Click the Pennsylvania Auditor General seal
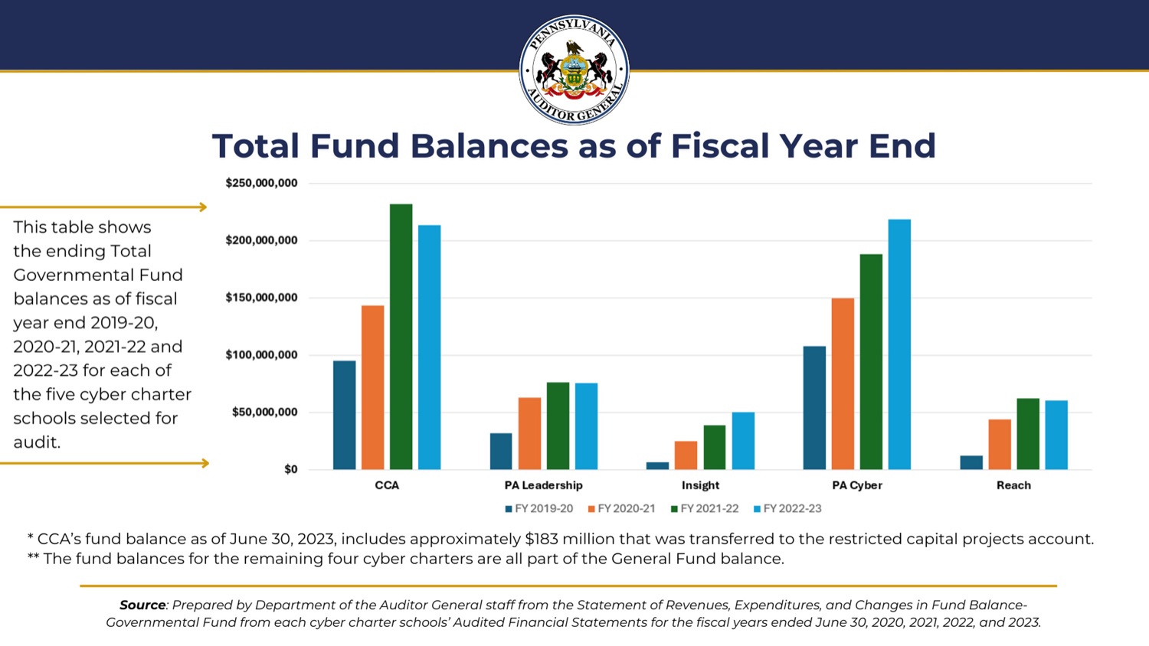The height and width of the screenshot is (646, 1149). [x=574, y=70]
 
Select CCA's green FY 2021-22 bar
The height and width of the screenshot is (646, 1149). [x=401, y=337]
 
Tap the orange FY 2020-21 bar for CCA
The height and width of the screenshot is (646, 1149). [x=373, y=387]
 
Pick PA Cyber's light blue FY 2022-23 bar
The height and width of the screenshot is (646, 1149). [x=899, y=344]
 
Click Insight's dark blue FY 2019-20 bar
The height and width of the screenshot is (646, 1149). [x=657, y=465]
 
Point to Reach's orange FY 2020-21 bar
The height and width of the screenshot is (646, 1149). [x=1000, y=444]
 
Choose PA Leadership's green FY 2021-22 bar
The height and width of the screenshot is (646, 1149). [x=558, y=426]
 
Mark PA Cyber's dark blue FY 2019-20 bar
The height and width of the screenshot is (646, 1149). [x=814, y=408]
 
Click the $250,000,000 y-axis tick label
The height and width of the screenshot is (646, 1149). [x=261, y=184]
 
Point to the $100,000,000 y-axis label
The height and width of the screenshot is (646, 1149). [x=261, y=355]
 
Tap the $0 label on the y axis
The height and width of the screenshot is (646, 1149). [x=290, y=469]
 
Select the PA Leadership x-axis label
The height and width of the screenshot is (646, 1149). [x=543, y=485]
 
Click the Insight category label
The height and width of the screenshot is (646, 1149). [x=700, y=485]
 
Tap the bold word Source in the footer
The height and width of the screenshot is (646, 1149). [x=142, y=605]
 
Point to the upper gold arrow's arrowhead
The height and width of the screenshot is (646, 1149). [x=203, y=207]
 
